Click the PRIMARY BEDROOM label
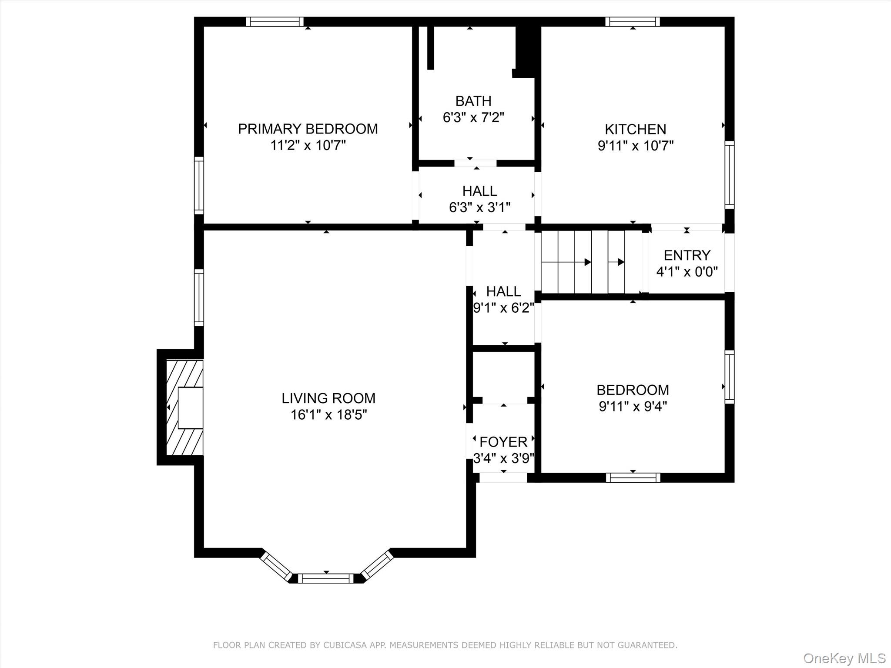308,129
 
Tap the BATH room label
473,101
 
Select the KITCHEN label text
635,129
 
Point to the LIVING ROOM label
328,398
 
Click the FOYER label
503,442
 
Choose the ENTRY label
687,255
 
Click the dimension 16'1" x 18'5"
328,415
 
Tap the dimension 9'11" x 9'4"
633,406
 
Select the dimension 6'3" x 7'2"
473,117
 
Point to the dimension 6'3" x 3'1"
479,207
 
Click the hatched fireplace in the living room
185,407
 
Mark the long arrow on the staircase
566,262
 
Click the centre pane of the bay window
326,578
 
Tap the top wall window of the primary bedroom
275,22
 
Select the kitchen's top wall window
633,22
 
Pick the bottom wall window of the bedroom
633,478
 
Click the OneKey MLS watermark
844,658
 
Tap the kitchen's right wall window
730,174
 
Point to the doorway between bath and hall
476,163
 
